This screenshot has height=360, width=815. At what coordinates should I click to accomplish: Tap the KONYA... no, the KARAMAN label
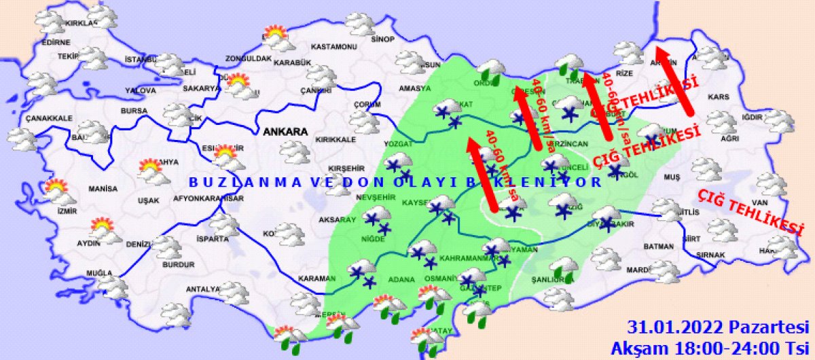tap(316, 278)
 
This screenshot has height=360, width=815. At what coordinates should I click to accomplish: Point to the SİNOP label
tap(382, 39)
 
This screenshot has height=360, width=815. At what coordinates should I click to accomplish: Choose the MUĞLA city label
tap(99, 273)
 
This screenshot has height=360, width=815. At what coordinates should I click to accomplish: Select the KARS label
tap(718, 97)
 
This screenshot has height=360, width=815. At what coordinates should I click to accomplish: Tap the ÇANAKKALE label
tap(49, 118)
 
